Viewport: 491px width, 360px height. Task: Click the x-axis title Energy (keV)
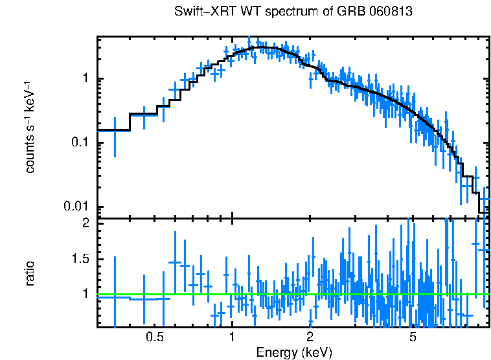point(294,353)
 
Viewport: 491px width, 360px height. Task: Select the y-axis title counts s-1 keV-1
point(30,128)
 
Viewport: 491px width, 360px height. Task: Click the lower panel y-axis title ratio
point(30,273)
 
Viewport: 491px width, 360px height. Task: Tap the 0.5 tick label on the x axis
point(154,337)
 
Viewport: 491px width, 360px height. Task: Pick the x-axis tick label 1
point(232,337)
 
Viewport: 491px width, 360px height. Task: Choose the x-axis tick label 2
point(310,337)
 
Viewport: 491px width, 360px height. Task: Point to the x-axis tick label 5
point(413,337)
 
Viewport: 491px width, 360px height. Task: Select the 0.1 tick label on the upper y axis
point(82,142)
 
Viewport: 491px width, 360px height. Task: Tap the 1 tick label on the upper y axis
point(87,79)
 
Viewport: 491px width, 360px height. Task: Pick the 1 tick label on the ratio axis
point(87,294)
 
